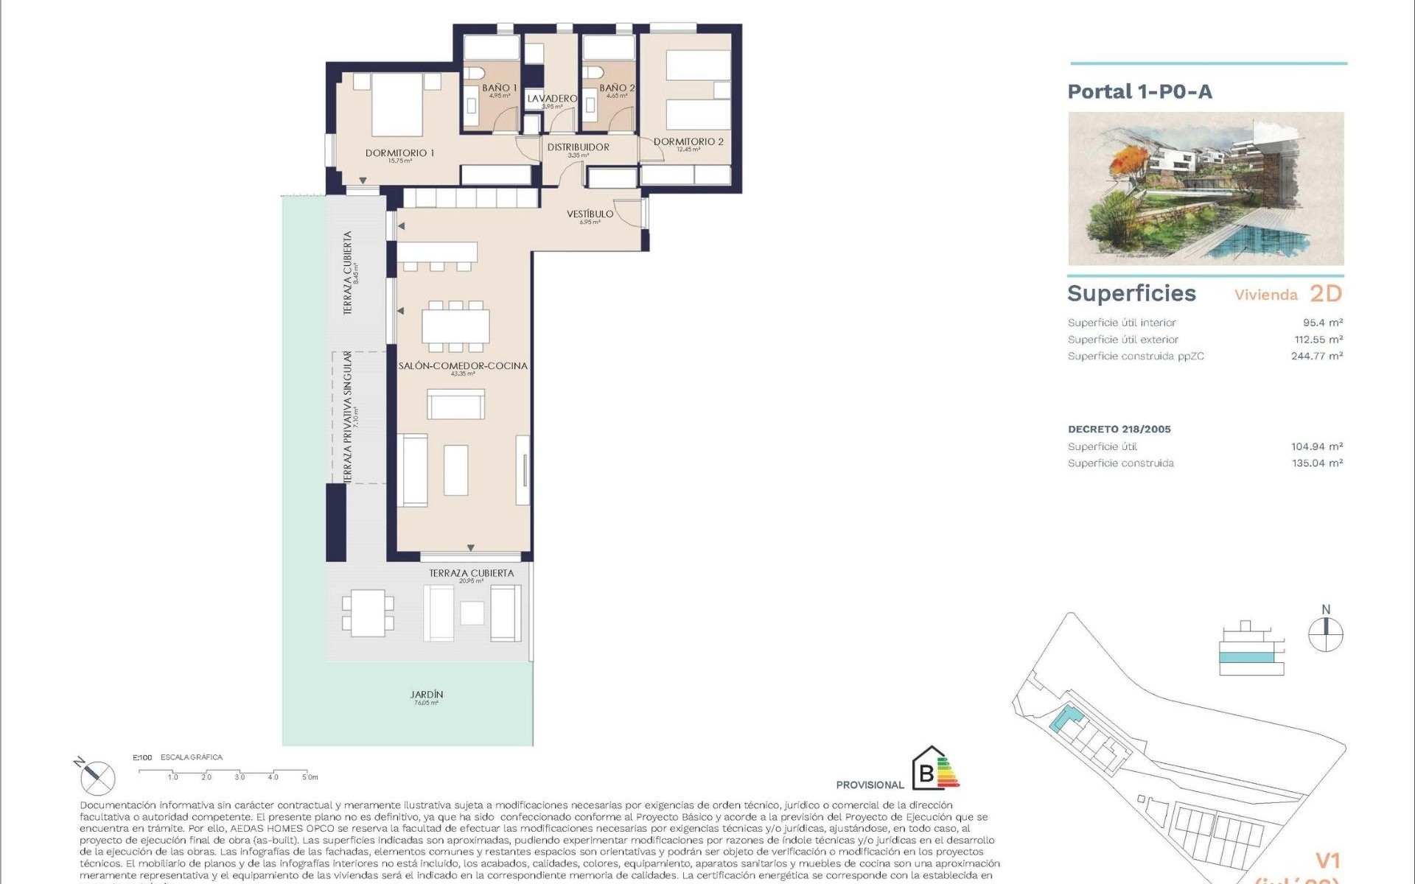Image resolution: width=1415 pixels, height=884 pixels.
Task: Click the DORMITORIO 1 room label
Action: click(399, 153)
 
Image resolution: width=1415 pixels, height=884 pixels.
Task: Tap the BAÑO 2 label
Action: click(616, 88)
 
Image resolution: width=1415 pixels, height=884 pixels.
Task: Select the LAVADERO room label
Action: click(552, 99)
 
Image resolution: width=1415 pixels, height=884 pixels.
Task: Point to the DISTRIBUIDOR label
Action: click(578, 147)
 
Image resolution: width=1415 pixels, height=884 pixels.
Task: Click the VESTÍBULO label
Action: click(590, 214)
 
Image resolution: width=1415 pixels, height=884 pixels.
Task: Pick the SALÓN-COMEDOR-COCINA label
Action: click(463, 366)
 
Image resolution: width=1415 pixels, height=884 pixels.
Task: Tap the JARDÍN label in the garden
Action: click(426, 695)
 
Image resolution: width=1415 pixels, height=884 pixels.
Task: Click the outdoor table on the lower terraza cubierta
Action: click(367, 612)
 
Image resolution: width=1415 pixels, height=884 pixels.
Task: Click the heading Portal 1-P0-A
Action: click(1139, 92)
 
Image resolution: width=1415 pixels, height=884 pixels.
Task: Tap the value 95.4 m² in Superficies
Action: click(1322, 323)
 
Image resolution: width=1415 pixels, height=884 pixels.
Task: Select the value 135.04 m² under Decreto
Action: click(1317, 463)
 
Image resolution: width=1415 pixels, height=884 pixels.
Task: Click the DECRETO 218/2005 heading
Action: click(1119, 429)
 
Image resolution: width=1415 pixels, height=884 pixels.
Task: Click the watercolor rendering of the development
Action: click(1206, 189)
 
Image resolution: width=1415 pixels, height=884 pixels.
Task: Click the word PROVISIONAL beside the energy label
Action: click(870, 785)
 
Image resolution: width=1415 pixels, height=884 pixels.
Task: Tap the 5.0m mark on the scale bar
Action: click(310, 777)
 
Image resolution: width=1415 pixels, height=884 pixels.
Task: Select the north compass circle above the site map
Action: click(1325, 634)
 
